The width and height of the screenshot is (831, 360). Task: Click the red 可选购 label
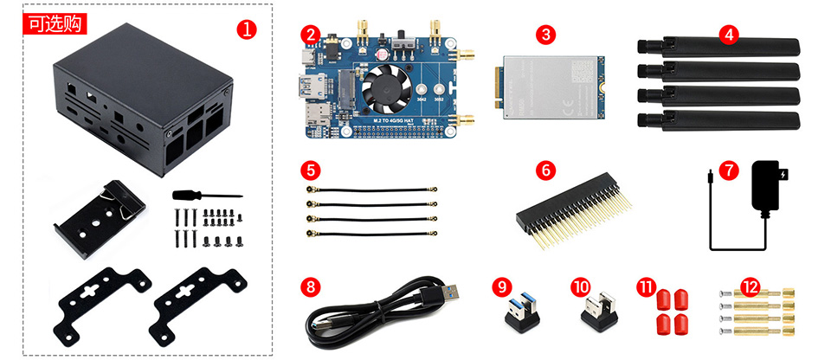53,22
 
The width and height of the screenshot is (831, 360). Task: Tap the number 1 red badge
247,29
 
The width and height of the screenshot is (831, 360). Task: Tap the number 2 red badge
311,35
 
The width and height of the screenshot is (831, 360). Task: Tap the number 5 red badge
311,169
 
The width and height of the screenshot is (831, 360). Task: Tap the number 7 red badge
730,170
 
